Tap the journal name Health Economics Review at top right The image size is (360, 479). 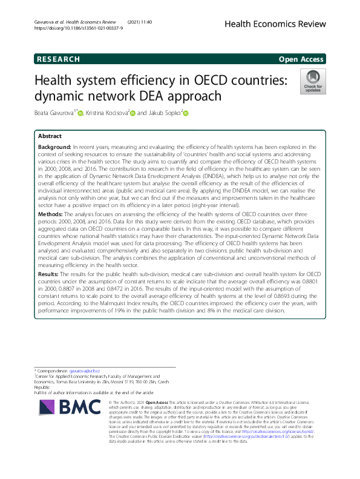tap(275, 24)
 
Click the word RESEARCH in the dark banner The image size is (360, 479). tap(59, 59)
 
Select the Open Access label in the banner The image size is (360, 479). tap(301, 59)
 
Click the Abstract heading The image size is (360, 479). tap(50, 137)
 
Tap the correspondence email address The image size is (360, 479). tap(84, 370)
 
